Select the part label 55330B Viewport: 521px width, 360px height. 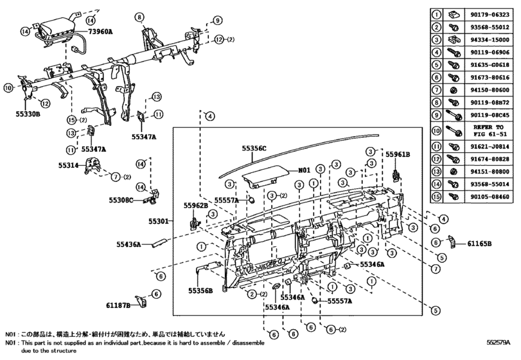28,114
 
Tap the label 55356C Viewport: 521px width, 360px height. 254,148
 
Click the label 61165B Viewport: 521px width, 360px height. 479,244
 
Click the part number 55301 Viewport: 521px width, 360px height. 158,221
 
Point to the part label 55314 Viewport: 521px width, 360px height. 69,165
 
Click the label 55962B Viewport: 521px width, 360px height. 196,206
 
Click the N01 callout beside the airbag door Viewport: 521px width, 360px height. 304,171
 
